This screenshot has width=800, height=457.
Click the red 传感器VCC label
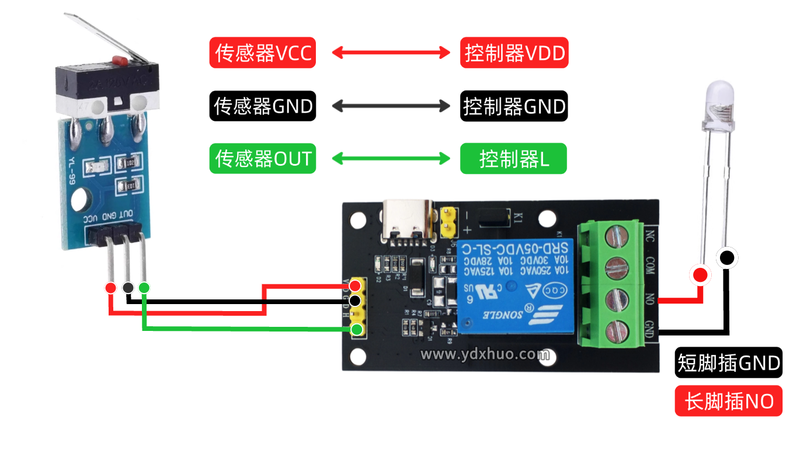coord(262,53)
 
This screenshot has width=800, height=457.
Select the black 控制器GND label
coord(514,106)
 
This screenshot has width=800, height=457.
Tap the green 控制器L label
coord(513,159)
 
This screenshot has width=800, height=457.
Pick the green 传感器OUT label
coord(262,159)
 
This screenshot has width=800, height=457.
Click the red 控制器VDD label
coord(514,53)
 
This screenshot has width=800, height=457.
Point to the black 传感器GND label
coord(262,106)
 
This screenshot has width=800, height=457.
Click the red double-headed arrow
coord(391,53)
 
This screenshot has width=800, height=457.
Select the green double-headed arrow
coord(391,159)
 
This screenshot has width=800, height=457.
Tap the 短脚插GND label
coord(728,363)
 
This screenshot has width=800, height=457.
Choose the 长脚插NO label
coord(728,401)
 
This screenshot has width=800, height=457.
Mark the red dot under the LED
coord(700,275)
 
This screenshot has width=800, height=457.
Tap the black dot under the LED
coord(727,257)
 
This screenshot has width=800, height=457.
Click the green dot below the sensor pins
coord(144,287)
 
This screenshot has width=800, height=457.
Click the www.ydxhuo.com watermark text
coord(485,354)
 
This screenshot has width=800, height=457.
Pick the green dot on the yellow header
coord(356,330)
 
